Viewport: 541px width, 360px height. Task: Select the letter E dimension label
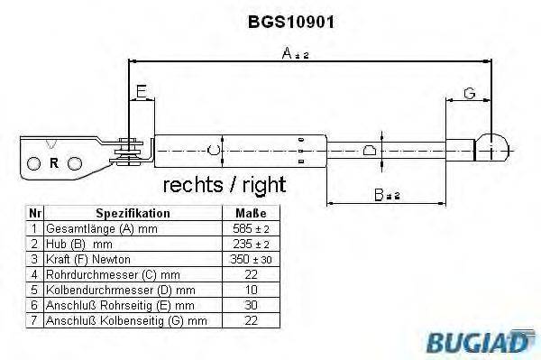coord(141,91)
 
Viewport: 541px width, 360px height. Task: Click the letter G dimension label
coord(469,91)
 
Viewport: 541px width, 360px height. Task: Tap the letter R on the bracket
coord(55,163)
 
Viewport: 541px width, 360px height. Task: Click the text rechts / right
coord(224,186)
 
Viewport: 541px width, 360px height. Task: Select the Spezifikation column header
coord(133,214)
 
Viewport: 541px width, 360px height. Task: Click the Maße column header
coord(250,214)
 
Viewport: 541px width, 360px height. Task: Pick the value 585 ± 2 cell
coord(250,229)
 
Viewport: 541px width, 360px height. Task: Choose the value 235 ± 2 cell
coord(250,245)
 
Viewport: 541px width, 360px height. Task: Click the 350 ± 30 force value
coord(250,260)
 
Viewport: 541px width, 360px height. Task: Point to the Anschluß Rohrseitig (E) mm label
coord(113,305)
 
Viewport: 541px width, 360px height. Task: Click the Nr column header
coord(34,214)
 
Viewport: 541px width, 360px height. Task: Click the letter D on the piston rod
coord(369,150)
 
